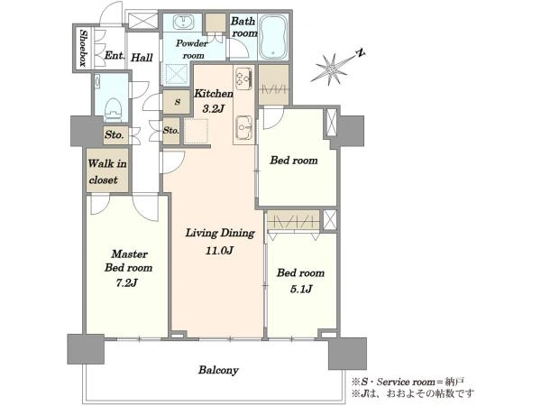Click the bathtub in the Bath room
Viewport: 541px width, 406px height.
pyautogui.click(x=273, y=37)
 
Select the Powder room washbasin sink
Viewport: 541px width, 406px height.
pyautogui.click(x=182, y=23)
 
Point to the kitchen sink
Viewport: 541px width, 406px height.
pyautogui.click(x=244, y=127)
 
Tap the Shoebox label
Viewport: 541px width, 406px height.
pyautogui.click(x=83, y=48)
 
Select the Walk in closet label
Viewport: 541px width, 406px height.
pyautogui.click(x=107, y=171)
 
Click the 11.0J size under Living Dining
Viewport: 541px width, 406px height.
pyautogui.click(x=219, y=250)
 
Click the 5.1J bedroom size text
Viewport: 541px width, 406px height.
pyautogui.click(x=301, y=289)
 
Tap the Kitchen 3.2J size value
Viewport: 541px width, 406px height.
pyautogui.click(x=214, y=109)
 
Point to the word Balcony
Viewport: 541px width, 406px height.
pyautogui.click(x=218, y=370)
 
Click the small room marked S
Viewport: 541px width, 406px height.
pyautogui.click(x=177, y=102)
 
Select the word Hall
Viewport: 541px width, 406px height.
pyautogui.click(x=142, y=58)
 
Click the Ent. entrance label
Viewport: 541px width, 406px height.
pyautogui.click(x=115, y=55)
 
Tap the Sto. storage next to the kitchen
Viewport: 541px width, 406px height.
pyautogui.click(x=171, y=131)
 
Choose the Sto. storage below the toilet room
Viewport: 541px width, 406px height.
pyautogui.click(x=115, y=134)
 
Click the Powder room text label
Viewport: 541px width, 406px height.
pyautogui.click(x=192, y=49)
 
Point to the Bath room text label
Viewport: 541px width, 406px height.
pyautogui.click(x=244, y=27)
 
